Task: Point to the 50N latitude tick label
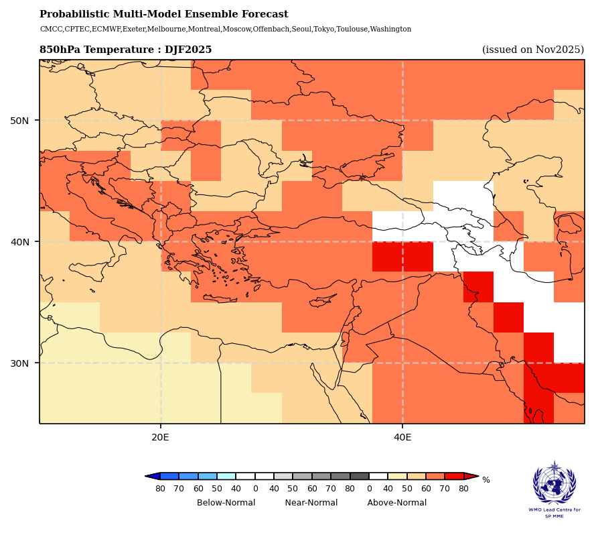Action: pyautogui.click(x=19, y=121)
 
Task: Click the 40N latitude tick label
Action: pyautogui.click(x=19, y=242)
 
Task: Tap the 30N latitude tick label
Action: pyautogui.click(x=19, y=363)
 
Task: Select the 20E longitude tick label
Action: pyautogui.click(x=161, y=438)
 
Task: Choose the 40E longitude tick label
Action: pyautogui.click(x=402, y=438)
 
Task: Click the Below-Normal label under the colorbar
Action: pyautogui.click(x=226, y=503)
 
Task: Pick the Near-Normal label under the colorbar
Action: pyautogui.click(x=311, y=503)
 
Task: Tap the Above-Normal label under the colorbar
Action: pyautogui.click(x=397, y=503)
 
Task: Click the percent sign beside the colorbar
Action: pyautogui.click(x=486, y=480)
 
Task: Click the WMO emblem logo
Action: pyautogui.click(x=554, y=483)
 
